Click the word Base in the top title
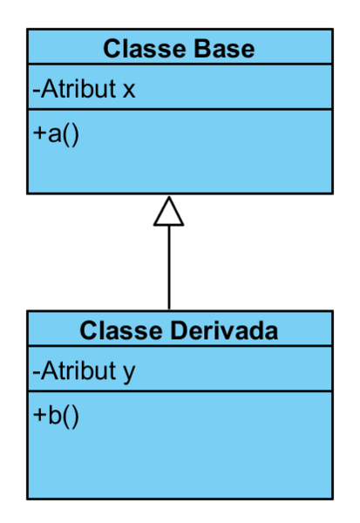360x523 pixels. pyautogui.click(x=224, y=49)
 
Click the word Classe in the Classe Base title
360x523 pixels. pyautogui.click(x=145, y=49)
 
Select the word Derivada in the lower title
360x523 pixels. pyautogui.click(x=224, y=331)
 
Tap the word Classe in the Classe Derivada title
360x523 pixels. pyautogui.click(x=121, y=331)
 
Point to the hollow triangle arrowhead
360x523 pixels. pyautogui.click(x=169, y=212)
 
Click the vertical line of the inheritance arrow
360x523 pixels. pyautogui.click(x=169, y=268)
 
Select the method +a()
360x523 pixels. pyautogui.click(x=56, y=134)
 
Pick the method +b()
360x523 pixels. pyautogui.click(x=56, y=416)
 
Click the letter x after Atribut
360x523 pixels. pyautogui.click(x=129, y=90)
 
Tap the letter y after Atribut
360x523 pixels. pyautogui.click(x=129, y=373)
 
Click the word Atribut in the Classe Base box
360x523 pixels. pyautogui.click(x=78, y=88)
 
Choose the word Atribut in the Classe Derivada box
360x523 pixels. pyautogui.click(x=78, y=370)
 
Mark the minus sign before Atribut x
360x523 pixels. pyautogui.click(x=36, y=91)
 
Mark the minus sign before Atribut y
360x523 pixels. pyautogui.click(x=36, y=373)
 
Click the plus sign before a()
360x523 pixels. pyautogui.click(x=39, y=133)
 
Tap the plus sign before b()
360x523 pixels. pyautogui.click(x=39, y=415)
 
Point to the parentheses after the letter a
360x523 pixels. pyautogui.click(x=71, y=135)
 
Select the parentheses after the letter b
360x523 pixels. pyautogui.click(x=71, y=417)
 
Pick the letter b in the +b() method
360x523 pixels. pyautogui.click(x=55, y=415)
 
